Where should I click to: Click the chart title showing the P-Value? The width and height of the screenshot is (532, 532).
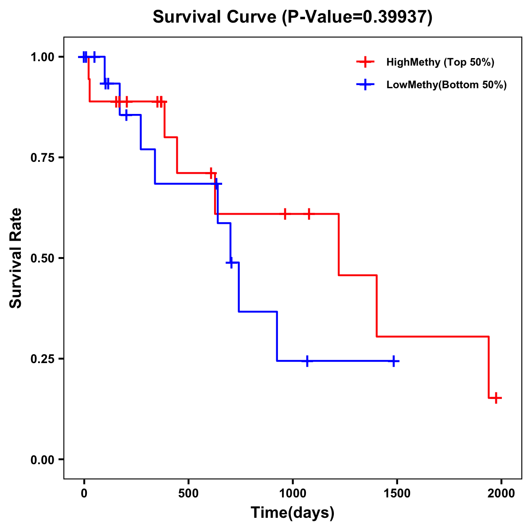[x=292, y=17]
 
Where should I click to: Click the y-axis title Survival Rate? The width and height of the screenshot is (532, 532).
[x=16, y=258]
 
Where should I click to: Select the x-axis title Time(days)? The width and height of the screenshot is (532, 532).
[x=293, y=512]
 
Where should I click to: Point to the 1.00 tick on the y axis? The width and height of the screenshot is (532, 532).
[x=42, y=57]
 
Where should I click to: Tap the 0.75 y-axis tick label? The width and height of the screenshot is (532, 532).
[x=42, y=157]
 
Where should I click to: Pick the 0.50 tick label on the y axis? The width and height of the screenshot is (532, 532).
[x=42, y=258]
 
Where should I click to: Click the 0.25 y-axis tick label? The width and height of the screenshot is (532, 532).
[x=42, y=359]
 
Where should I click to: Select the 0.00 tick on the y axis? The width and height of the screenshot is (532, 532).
[x=42, y=459]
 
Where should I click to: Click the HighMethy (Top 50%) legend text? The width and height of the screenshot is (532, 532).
[x=440, y=62]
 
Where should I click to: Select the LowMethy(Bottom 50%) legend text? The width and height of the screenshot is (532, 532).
[x=446, y=85]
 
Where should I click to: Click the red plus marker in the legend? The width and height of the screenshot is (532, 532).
[x=365, y=62]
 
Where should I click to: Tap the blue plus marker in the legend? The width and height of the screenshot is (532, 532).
[x=365, y=85]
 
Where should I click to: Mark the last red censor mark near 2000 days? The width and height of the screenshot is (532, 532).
[x=496, y=398]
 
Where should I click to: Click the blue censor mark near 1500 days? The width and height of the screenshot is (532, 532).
[x=393, y=361]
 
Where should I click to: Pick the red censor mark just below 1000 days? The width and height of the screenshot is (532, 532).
[x=285, y=214]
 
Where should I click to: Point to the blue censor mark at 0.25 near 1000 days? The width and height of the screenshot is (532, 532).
[x=306, y=361]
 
